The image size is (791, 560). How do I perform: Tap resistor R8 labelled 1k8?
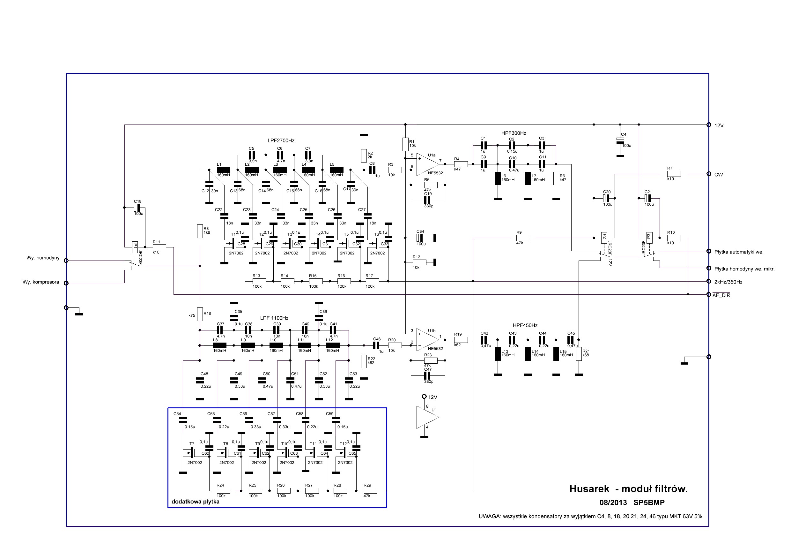(x=200, y=231)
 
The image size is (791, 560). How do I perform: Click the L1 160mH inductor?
(x=223, y=170)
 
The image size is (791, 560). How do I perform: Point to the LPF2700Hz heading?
(x=281, y=141)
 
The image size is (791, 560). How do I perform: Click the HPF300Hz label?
(x=514, y=133)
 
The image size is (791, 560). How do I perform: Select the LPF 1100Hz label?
(x=274, y=318)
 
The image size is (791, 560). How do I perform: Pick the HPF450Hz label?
(x=525, y=325)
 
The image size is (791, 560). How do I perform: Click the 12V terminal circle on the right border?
(x=709, y=125)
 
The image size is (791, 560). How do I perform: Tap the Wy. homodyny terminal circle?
(x=66, y=261)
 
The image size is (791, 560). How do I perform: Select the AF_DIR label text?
(x=721, y=296)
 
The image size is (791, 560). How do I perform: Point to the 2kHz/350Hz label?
(x=728, y=282)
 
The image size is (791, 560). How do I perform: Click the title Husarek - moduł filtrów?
(x=628, y=488)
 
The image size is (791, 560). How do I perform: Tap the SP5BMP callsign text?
(x=649, y=503)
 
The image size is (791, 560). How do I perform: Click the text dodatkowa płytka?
(x=195, y=502)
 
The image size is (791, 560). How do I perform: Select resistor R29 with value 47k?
(x=370, y=491)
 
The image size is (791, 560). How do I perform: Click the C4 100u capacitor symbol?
(x=620, y=140)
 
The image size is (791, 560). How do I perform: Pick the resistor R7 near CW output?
(x=674, y=174)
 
